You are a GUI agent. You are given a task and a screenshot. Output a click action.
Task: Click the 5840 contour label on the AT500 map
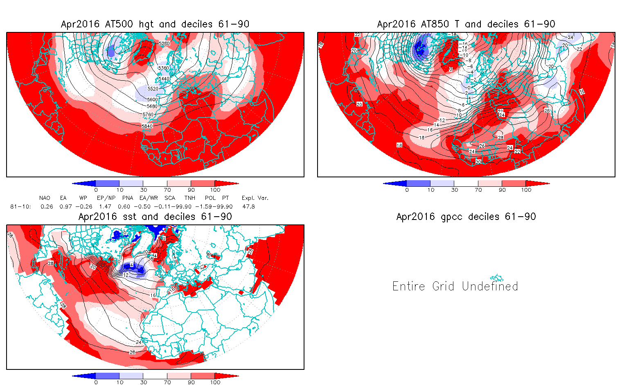coord(147,126)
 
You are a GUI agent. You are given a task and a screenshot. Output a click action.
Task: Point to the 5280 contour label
coord(164,43)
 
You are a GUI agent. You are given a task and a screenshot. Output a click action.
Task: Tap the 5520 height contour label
coord(153,88)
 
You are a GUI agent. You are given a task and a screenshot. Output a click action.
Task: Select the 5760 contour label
coord(148,115)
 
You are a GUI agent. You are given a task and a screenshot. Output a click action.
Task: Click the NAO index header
coord(45,198)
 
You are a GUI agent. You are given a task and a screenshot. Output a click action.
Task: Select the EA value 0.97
coord(65,206)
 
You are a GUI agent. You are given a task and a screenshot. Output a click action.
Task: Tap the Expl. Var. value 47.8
coord(248,206)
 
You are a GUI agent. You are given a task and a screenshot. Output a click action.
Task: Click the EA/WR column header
coord(149,198)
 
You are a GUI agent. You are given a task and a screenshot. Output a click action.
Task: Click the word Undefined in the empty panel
coord(490,286)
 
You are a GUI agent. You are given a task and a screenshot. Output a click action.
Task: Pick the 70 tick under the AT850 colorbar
coord(478,190)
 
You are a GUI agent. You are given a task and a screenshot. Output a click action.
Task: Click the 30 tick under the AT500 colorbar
coord(143,190)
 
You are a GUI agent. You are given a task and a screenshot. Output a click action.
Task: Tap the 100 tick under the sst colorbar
coord(215,382)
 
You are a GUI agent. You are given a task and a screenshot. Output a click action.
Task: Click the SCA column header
coord(170,198)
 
